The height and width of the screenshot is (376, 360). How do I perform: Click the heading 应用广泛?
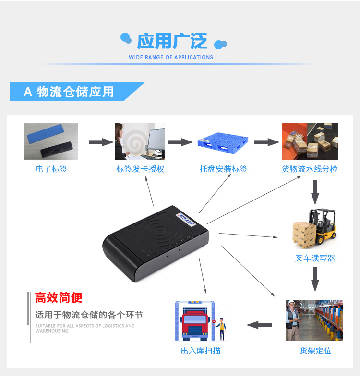click(172, 41)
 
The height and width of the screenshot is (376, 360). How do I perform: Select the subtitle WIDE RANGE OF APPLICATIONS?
click(171, 58)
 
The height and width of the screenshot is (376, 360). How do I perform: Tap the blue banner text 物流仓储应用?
click(75, 92)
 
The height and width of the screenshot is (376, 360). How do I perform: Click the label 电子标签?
click(52, 169)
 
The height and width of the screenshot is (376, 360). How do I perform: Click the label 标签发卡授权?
click(140, 169)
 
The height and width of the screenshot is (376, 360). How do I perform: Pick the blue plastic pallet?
click(223, 143)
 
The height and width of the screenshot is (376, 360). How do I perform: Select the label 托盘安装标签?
click(224, 169)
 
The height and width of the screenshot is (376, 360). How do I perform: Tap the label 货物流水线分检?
click(310, 169)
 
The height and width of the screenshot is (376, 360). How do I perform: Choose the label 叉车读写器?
click(315, 258)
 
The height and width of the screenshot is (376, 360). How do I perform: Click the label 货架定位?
click(315, 351)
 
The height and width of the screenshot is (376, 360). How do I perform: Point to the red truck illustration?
click(195, 324)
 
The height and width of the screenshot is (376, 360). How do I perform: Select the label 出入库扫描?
click(201, 351)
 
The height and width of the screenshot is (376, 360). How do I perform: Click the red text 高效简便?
click(59, 297)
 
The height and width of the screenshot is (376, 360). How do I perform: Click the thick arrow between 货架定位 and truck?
click(259, 325)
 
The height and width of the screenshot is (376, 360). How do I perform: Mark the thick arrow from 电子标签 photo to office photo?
click(101, 142)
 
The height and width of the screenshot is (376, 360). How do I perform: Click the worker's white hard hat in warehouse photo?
click(291, 302)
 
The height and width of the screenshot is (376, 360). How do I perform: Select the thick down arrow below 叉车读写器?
click(315, 279)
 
